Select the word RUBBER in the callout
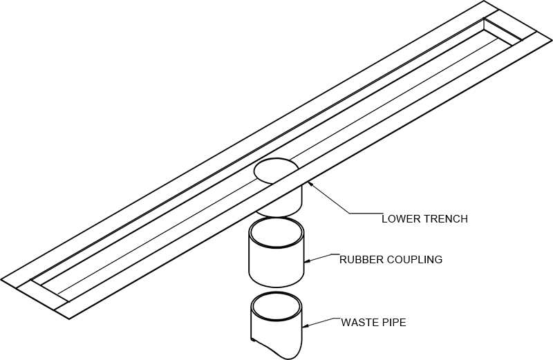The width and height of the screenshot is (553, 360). click(x=358, y=260)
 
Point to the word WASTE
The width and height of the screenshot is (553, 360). click(x=357, y=321)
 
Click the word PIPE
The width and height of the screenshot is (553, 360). click(x=392, y=321)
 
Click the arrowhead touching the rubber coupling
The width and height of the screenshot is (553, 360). click(x=308, y=261)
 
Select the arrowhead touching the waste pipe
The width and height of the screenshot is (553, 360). click(x=307, y=325)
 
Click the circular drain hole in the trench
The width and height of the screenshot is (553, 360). click(x=276, y=169)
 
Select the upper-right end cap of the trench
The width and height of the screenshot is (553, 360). click(x=508, y=32)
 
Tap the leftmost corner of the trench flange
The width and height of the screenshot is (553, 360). click(x=1, y=280)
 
